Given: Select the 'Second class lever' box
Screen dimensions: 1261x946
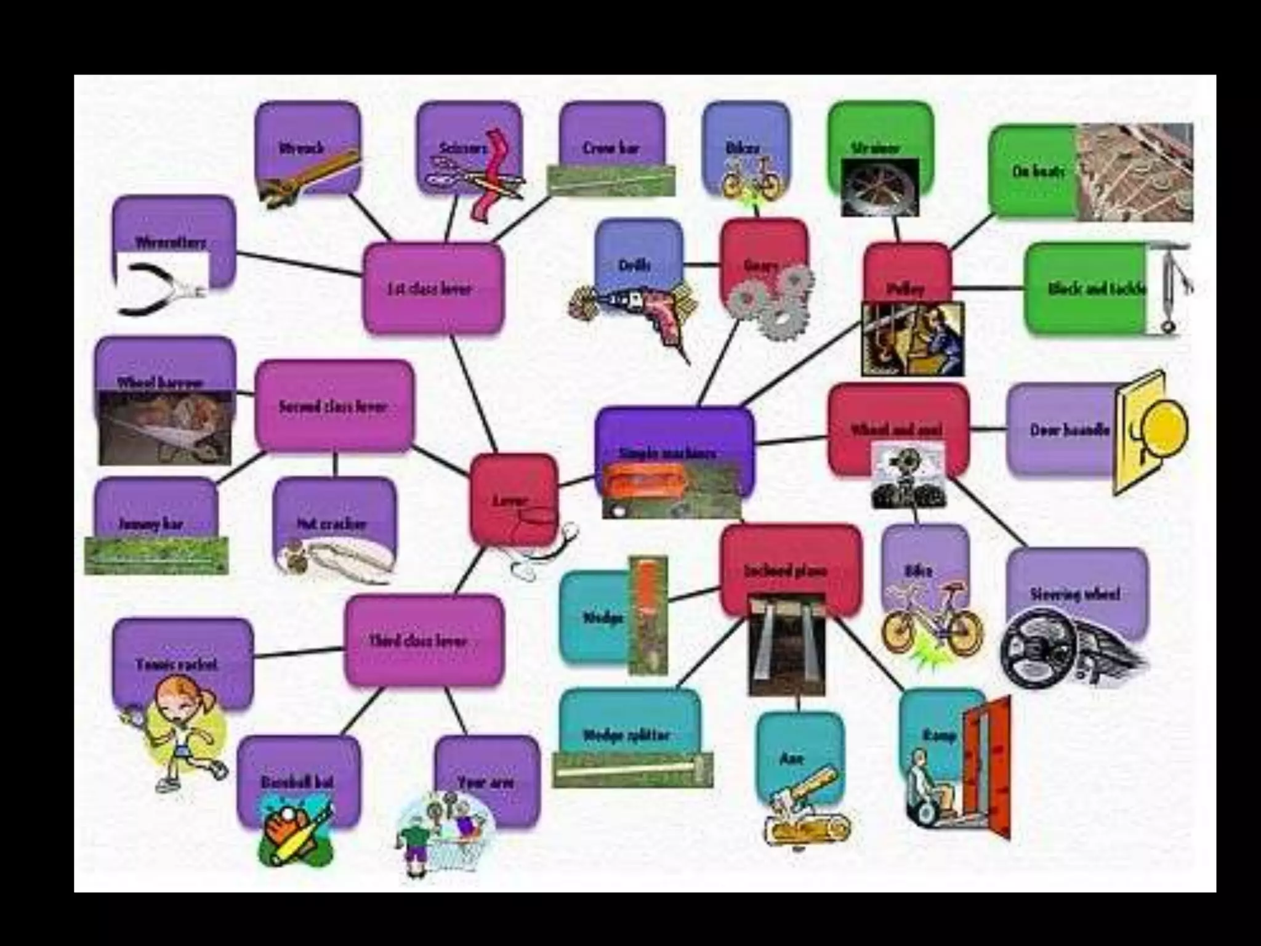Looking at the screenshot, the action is (x=334, y=406).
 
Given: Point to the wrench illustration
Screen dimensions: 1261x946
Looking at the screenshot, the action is (x=308, y=176).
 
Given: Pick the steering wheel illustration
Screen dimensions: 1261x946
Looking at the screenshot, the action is (x=1041, y=647).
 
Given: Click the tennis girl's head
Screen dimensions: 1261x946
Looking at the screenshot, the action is (x=179, y=699).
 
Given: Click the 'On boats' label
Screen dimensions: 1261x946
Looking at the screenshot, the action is (x=1038, y=171).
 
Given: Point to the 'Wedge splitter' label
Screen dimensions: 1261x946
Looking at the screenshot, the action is (x=626, y=735).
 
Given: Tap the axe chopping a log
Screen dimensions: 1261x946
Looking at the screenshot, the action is (x=800, y=807).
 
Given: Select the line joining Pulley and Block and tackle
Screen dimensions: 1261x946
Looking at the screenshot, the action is (x=988, y=288).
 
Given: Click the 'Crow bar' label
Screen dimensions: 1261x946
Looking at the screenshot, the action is (x=611, y=148).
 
